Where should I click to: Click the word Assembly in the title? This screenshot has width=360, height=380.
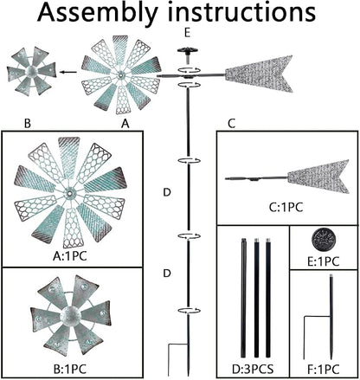[98, 13]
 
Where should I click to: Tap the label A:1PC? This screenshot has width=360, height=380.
[70, 256]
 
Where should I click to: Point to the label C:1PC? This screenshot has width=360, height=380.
[286, 208]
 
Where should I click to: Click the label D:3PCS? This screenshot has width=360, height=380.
[253, 369]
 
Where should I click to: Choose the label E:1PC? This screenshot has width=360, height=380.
[323, 261]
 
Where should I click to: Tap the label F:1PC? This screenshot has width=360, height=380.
[323, 370]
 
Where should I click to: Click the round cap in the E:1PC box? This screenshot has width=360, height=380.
[324, 240]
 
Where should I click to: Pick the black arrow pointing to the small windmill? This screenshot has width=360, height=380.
[68, 72]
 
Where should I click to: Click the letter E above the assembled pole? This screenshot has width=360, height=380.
[188, 33]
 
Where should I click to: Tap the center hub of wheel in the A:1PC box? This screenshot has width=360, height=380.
[69, 192]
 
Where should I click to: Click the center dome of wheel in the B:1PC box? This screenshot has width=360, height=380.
[70, 314]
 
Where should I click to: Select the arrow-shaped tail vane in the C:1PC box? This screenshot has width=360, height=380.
[318, 177]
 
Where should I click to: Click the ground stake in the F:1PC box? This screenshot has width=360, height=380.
[331, 318]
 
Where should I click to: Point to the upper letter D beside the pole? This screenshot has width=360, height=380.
[167, 192]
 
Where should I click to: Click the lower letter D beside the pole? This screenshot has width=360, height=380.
[167, 274]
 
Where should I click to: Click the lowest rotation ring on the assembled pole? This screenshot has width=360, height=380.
[189, 311]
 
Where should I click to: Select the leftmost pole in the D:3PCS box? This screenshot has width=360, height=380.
[244, 299]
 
